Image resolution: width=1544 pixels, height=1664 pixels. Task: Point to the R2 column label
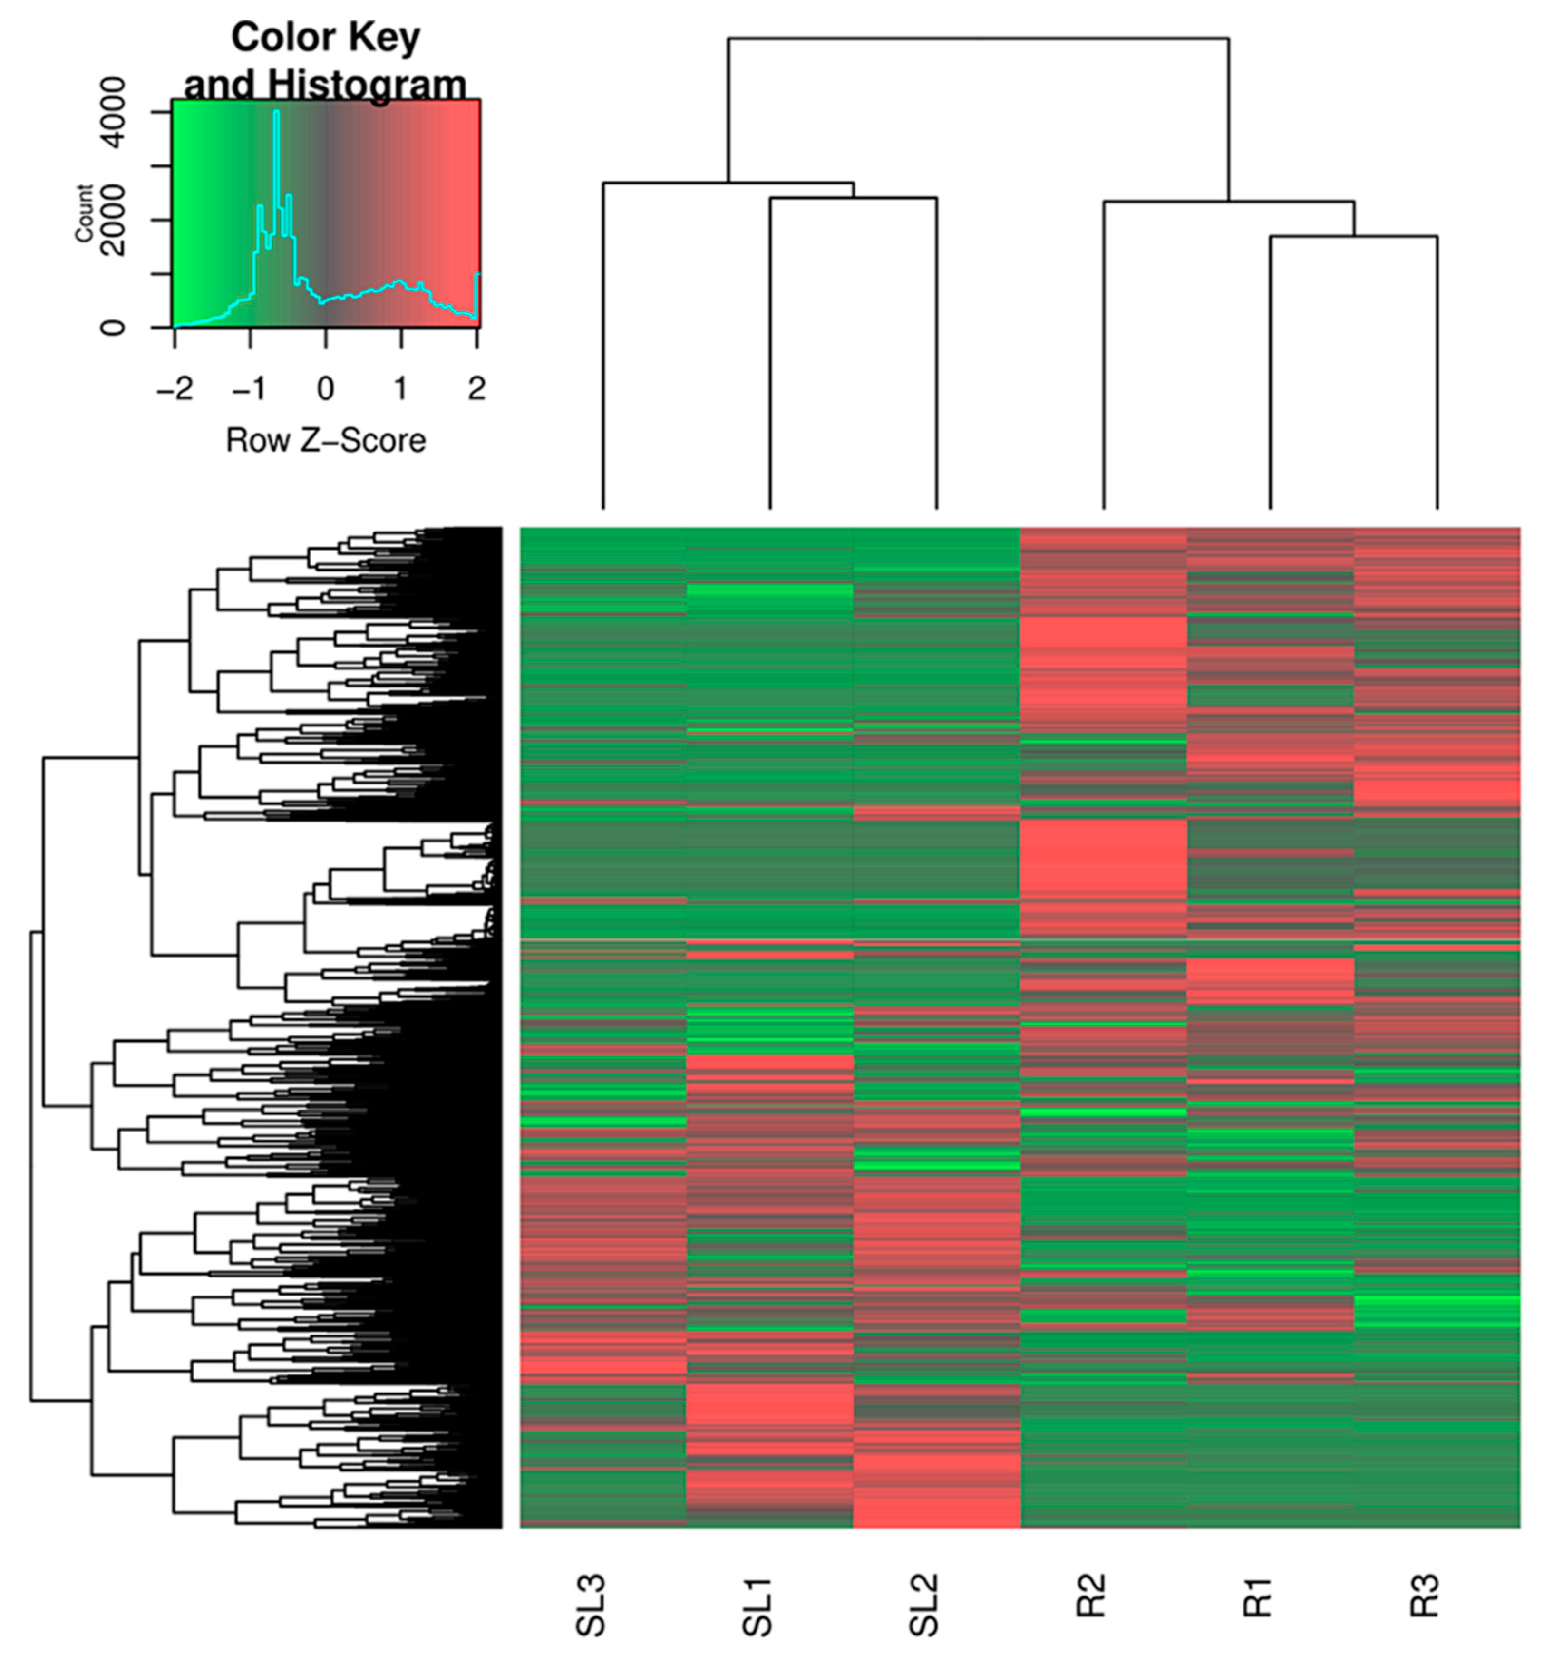tap(1092, 1596)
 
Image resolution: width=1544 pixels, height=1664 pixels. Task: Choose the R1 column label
tap(1258, 1596)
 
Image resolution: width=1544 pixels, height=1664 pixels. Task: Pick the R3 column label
tap(1426, 1596)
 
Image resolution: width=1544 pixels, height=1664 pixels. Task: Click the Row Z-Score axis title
tap(326, 440)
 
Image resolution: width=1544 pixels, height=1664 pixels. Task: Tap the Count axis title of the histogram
tap(84, 214)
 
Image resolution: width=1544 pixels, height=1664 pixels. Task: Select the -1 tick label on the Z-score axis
tap(250, 388)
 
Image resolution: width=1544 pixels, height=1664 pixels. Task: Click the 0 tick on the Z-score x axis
tap(326, 388)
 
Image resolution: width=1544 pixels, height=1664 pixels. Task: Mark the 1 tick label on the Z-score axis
tap(401, 388)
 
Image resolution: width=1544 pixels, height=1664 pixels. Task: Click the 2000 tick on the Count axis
tap(113, 221)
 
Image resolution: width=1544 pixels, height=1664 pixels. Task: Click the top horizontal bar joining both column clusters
tap(978, 39)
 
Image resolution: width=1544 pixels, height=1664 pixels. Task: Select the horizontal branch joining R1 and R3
tap(1353, 236)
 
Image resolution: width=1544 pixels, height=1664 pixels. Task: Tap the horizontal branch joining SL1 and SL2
tap(853, 198)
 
